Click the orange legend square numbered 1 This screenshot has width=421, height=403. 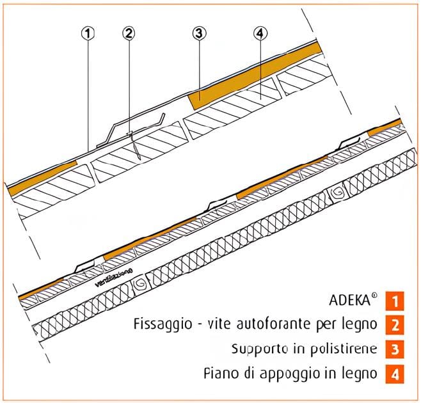click(x=396, y=300)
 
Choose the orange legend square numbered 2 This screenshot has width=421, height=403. click(x=396, y=324)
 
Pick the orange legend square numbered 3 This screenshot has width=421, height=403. click(x=396, y=349)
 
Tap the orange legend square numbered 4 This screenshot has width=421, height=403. click(x=396, y=373)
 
